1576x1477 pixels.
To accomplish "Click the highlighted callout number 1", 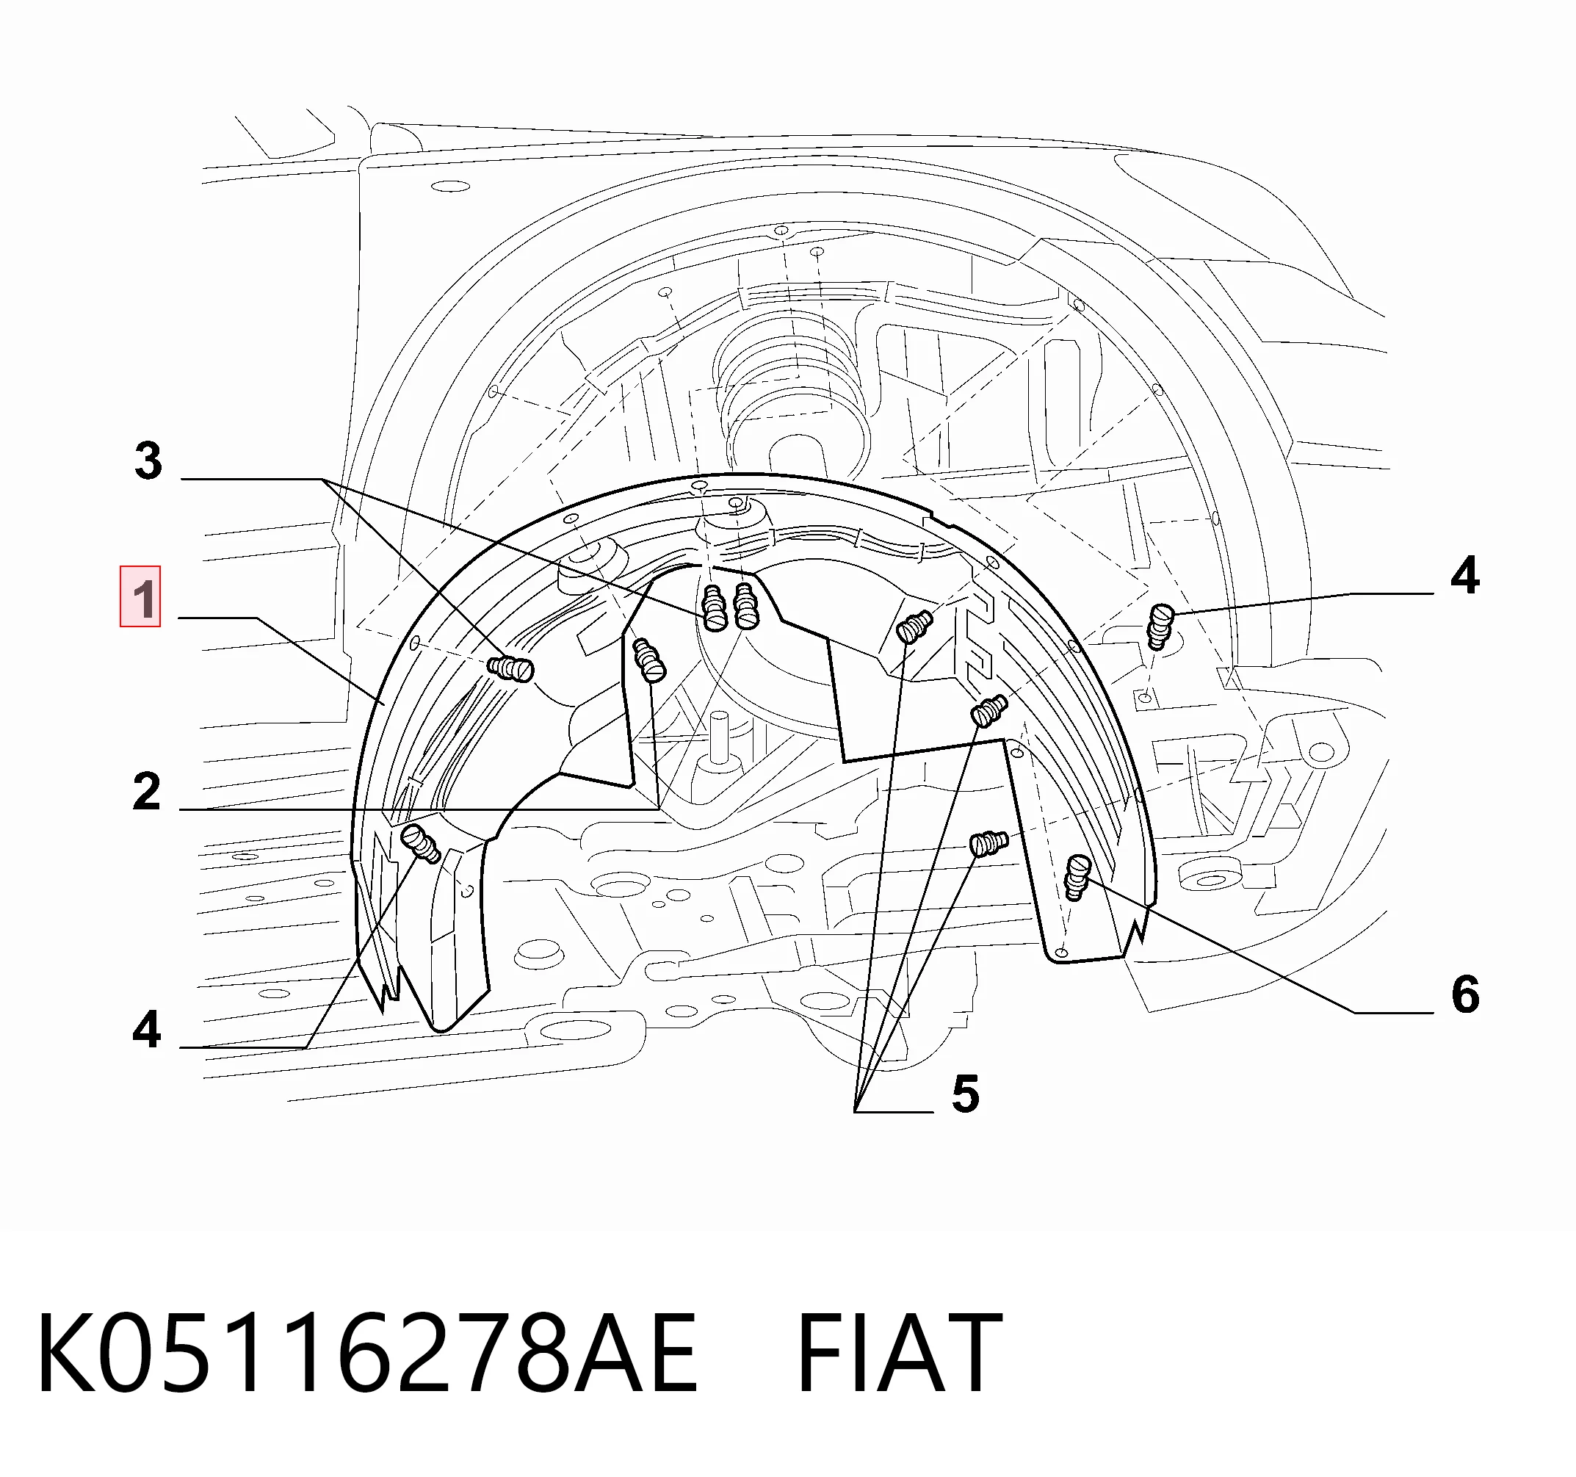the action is coord(140,597).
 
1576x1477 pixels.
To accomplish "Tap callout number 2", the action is coord(147,792).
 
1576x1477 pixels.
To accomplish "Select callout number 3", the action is coord(148,461).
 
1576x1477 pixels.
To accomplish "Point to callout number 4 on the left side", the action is coord(148,1030).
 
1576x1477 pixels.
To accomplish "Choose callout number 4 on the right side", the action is coord(1465,576).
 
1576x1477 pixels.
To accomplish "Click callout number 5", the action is coord(966,1094).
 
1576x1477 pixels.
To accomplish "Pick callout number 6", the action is coord(1465,994).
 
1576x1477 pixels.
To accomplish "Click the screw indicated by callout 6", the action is coord(1077,877).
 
